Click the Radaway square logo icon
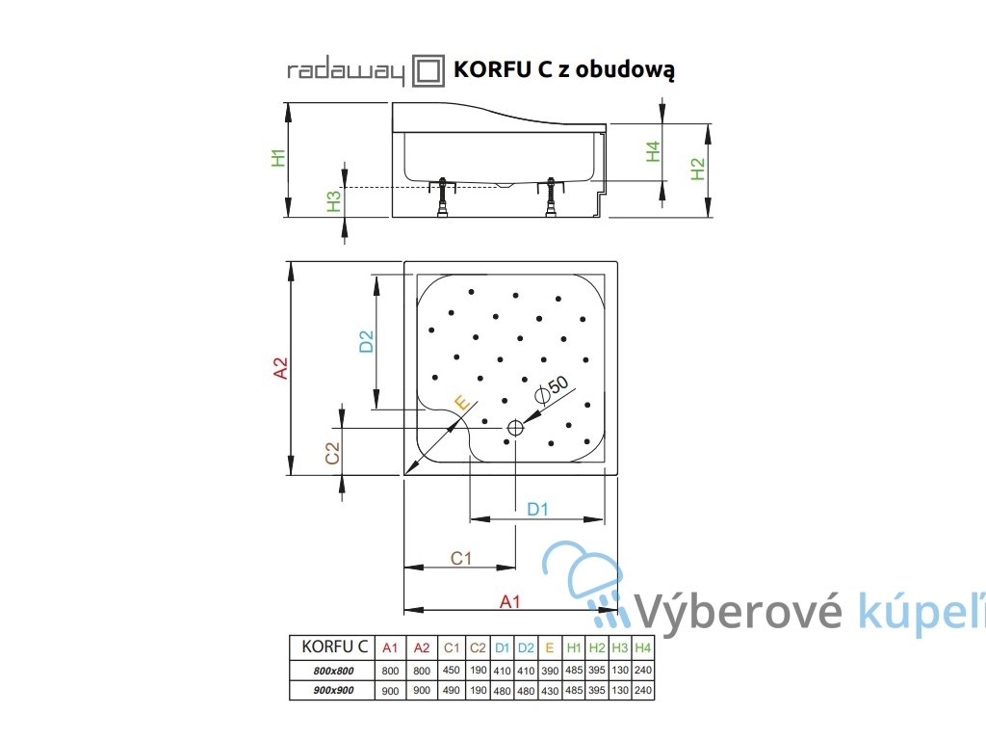coord(428,71)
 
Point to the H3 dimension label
coord(334,200)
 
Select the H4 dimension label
coord(653,151)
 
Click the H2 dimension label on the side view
coord(699,169)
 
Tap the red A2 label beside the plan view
coord(280,368)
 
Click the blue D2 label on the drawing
coord(366,341)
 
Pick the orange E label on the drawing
coord(461,403)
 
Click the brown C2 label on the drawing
coord(330,454)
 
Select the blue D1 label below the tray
coord(537,509)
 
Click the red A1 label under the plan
coord(510,601)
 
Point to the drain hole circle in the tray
coord(515,427)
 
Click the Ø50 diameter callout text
coord(552,387)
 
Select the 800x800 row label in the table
coord(328,671)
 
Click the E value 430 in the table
coord(549,690)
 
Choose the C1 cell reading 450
coord(453,671)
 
